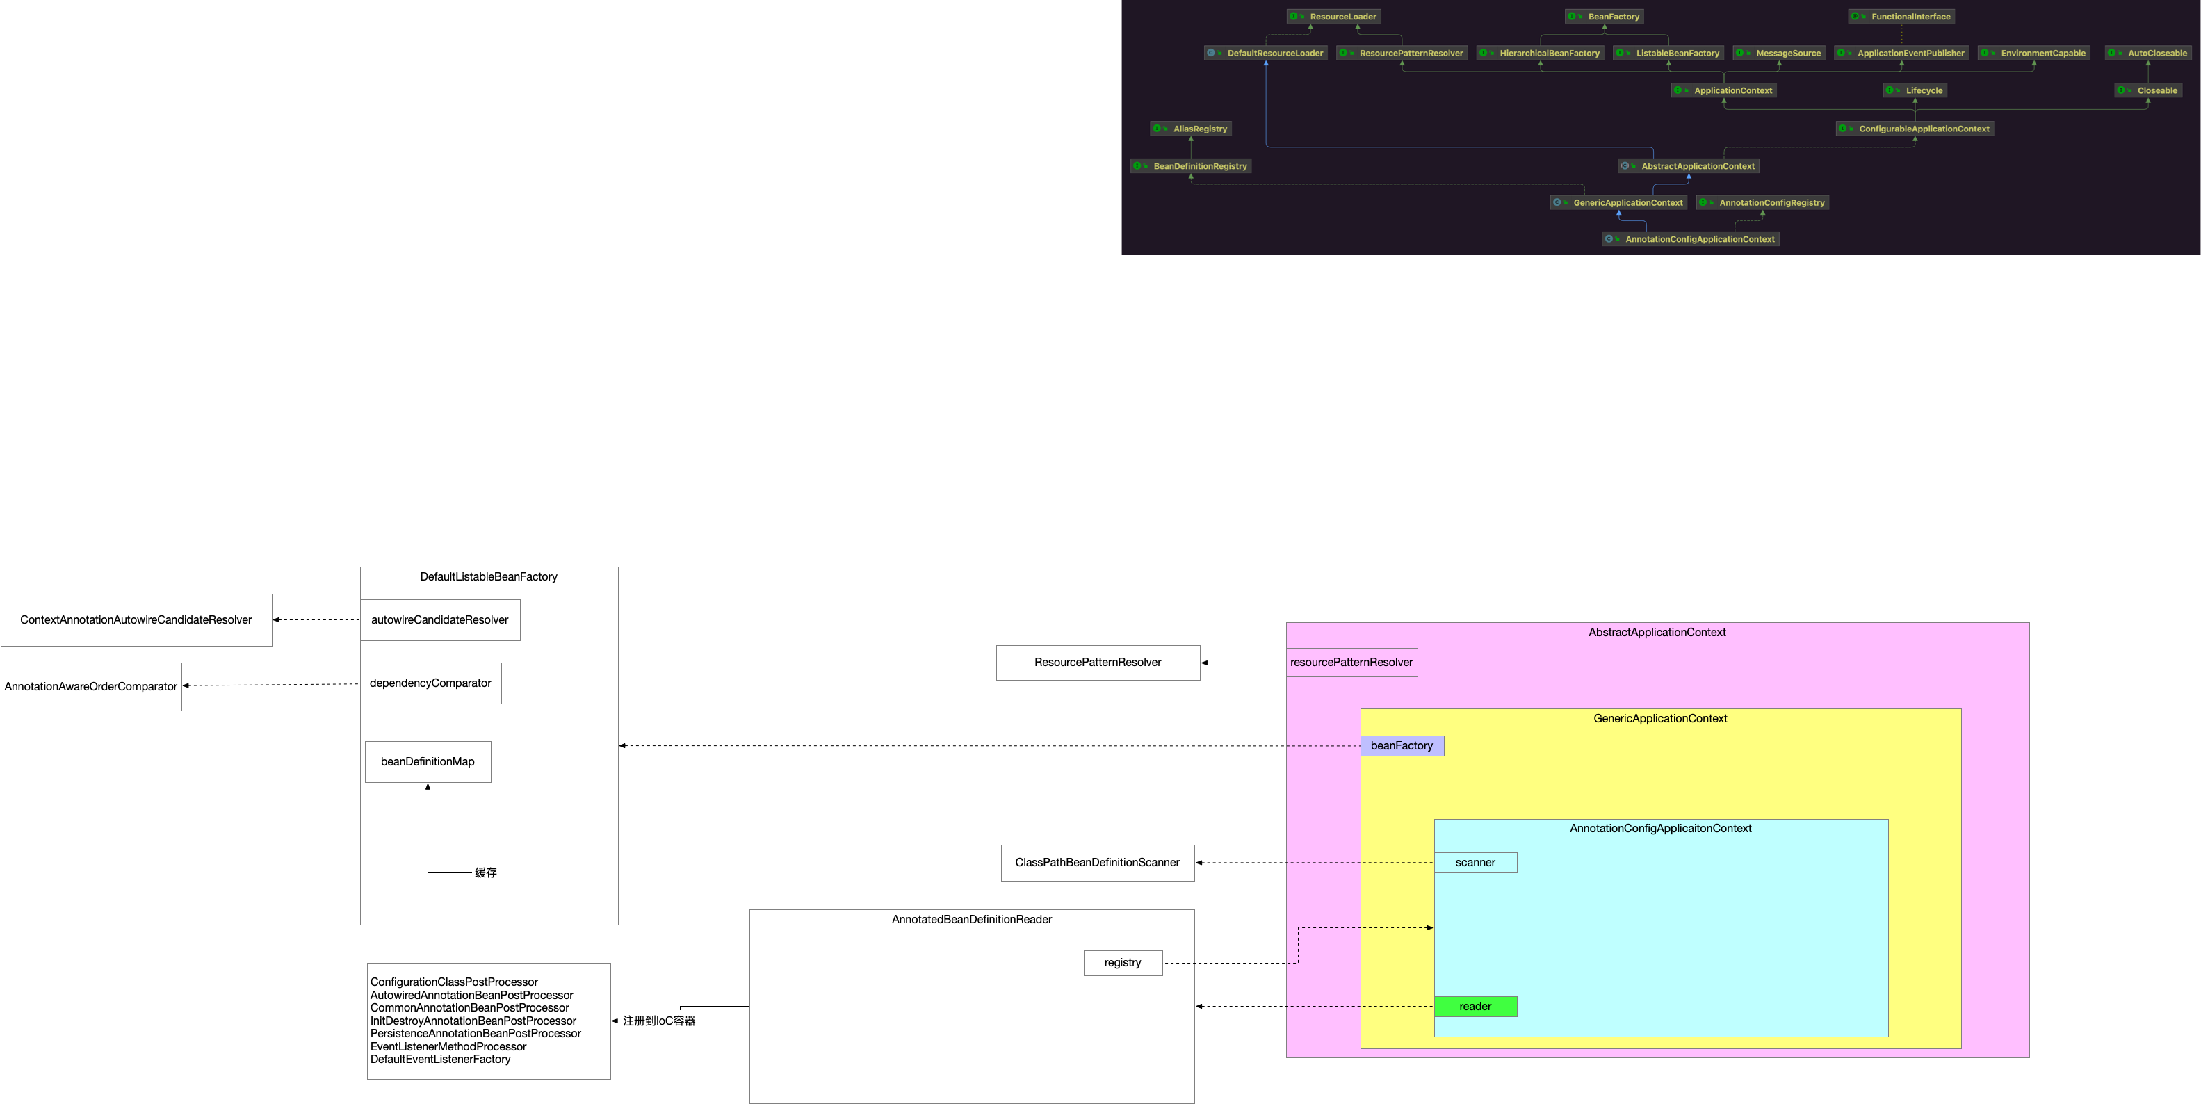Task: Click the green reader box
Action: tap(1475, 1007)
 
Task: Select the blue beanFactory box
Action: tap(1402, 746)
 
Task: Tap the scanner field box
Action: tap(1475, 863)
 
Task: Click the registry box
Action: tap(1122, 963)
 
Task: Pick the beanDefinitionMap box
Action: tap(428, 762)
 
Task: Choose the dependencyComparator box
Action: tap(430, 683)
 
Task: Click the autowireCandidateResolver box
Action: tap(439, 620)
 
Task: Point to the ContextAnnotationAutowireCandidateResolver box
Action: tap(136, 620)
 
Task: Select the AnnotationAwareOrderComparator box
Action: tap(90, 687)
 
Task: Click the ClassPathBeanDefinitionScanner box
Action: tap(1097, 863)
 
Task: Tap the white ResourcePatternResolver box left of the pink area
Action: tap(1097, 663)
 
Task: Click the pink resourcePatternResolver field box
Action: tap(1351, 663)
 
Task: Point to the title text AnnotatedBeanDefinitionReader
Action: tap(971, 920)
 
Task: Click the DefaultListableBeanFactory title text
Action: tap(488, 578)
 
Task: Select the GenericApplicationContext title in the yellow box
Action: tap(1659, 720)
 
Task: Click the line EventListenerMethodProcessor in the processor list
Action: tap(448, 1047)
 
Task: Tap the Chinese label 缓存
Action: tap(485, 873)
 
